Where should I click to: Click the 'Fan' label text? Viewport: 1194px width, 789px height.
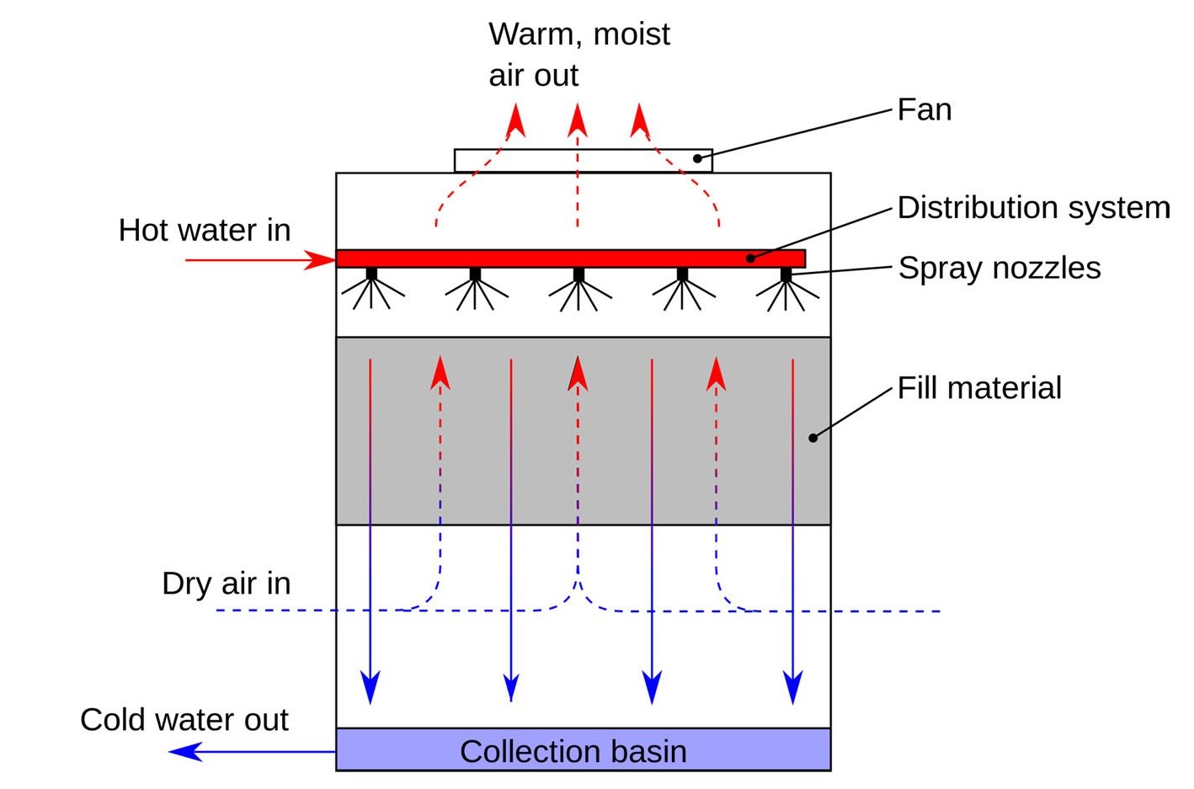[x=924, y=109]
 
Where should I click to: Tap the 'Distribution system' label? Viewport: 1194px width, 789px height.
[x=1033, y=207]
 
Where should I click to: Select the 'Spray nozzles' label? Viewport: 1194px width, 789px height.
[x=999, y=268]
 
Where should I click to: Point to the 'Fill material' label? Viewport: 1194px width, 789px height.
[x=978, y=387]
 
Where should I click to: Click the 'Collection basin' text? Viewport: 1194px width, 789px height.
[x=573, y=751]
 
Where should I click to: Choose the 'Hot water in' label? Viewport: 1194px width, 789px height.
[x=204, y=230]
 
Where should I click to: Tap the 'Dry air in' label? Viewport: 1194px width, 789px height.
[x=226, y=583]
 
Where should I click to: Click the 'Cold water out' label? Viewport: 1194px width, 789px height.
[x=184, y=720]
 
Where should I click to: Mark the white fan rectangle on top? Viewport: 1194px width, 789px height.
[x=583, y=160]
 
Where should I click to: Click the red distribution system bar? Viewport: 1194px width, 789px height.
[x=570, y=259]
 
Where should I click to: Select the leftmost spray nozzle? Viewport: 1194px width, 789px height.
[x=371, y=275]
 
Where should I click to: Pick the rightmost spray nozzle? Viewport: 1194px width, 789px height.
[x=786, y=275]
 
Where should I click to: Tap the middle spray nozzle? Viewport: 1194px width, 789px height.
[x=578, y=275]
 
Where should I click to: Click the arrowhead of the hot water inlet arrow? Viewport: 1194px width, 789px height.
[x=322, y=260]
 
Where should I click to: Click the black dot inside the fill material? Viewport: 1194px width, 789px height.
[x=813, y=438]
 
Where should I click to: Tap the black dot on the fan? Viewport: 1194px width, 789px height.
[x=697, y=158]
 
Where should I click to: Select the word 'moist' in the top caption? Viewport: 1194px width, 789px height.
[x=631, y=35]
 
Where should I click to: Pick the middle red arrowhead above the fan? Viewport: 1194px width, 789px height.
[x=577, y=120]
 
